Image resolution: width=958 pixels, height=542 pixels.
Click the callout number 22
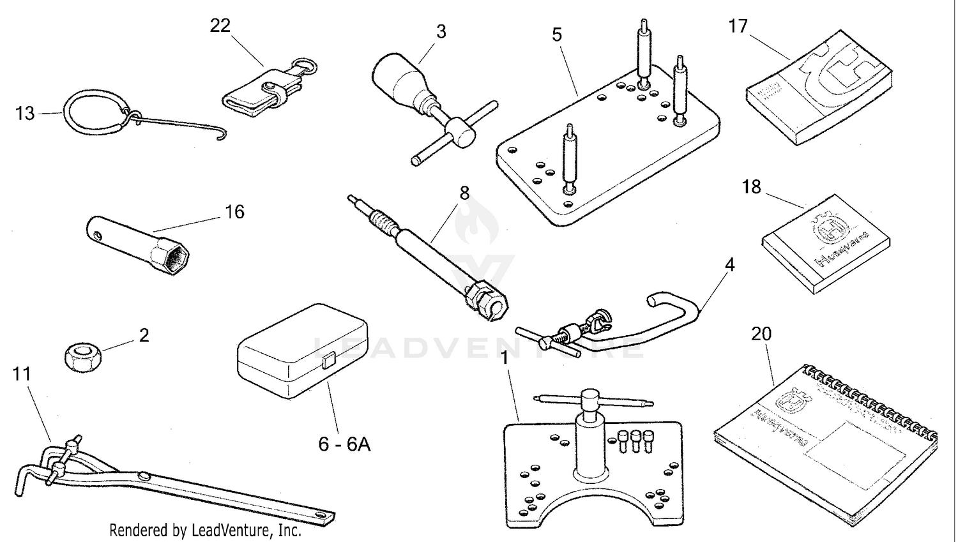point(220,26)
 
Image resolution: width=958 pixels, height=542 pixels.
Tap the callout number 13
point(25,114)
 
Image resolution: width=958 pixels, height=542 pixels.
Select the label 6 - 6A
point(344,444)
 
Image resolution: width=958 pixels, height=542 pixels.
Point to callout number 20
point(761,334)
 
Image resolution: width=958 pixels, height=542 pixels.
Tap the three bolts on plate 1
point(635,440)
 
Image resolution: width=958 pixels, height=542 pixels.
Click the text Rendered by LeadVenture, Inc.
point(205,530)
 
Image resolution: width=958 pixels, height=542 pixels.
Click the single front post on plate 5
point(570,160)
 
